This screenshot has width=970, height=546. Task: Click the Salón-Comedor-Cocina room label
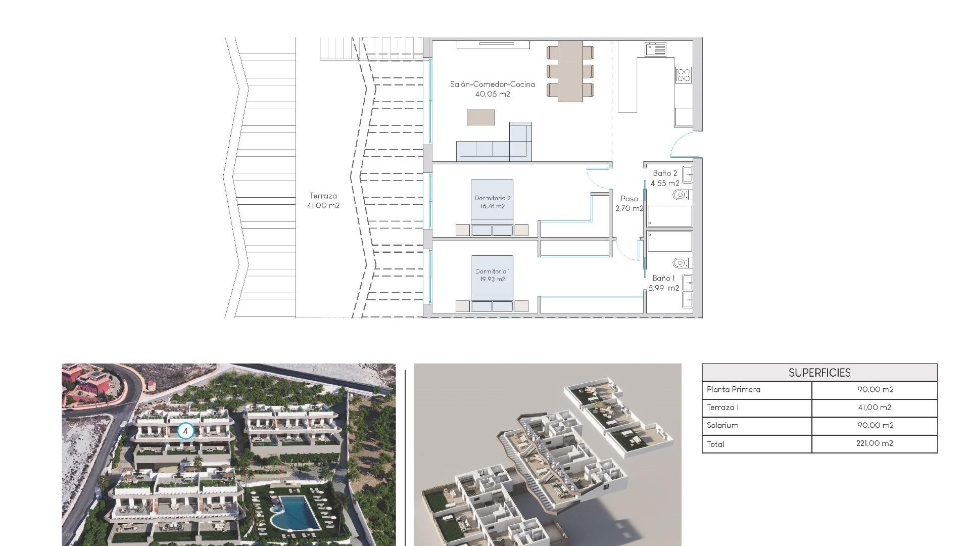pyautogui.click(x=492, y=84)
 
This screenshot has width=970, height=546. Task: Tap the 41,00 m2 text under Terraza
pyautogui.click(x=323, y=206)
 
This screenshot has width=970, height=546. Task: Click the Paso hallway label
pyautogui.click(x=629, y=199)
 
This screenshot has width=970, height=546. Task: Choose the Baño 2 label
pyautogui.click(x=665, y=173)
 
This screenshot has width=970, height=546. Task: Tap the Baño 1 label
pyautogui.click(x=663, y=279)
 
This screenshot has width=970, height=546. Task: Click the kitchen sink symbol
pyautogui.click(x=655, y=49)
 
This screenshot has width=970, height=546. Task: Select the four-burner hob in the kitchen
pyautogui.click(x=684, y=75)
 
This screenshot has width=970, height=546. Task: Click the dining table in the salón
pyautogui.click(x=570, y=71)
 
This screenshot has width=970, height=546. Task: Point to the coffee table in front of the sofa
pyautogui.click(x=480, y=117)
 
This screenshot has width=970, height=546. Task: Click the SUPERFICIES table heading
pyautogui.click(x=819, y=373)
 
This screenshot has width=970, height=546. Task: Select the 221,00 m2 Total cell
pyautogui.click(x=875, y=443)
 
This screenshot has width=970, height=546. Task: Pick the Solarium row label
pyautogui.click(x=722, y=425)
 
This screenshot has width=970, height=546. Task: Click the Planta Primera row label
pyautogui.click(x=733, y=389)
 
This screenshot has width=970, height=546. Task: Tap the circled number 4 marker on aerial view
pyautogui.click(x=185, y=431)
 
